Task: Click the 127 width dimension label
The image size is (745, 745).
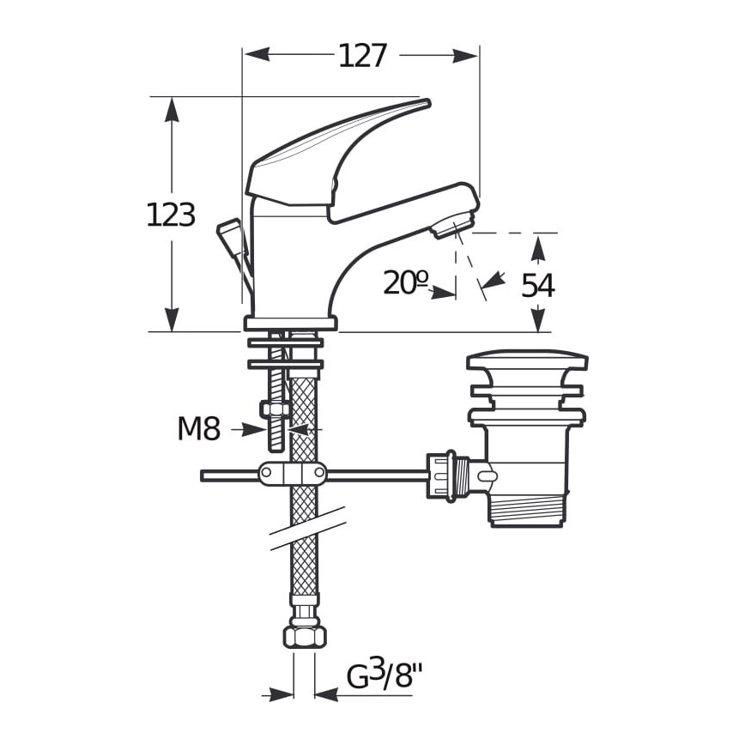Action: tap(362, 57)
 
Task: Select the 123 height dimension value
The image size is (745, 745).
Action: tap(171, 215)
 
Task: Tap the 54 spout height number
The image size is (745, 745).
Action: tap(538, 286)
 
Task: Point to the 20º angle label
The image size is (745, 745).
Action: tap(405, 282)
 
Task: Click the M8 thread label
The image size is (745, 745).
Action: tap(199, 428)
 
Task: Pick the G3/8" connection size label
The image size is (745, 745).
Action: tap(386, 676)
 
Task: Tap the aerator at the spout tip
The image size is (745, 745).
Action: tap(451, 227)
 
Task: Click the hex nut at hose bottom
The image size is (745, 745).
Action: tap(305, 635)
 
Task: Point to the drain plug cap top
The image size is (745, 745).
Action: tap(527, 360)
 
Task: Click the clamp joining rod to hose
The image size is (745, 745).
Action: tap(292, 474)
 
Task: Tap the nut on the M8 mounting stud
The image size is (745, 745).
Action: tap(276, 410)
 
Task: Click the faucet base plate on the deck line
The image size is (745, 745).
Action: tap(290, 324)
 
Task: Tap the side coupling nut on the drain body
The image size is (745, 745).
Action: tap(446, 475)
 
